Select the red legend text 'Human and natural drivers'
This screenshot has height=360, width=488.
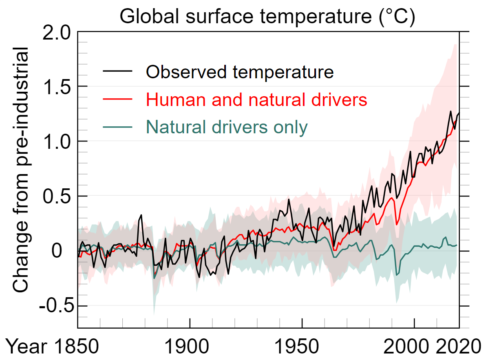click(x=257, y=99)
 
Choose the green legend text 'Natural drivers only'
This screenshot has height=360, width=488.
click(x=226, y=127)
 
